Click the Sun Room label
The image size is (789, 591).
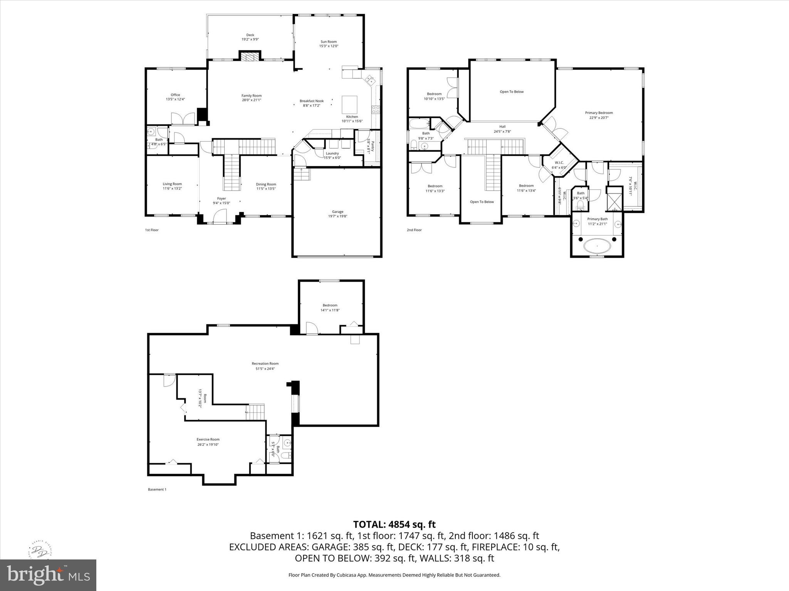329,42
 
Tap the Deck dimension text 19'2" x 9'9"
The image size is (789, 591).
250,39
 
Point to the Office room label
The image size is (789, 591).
175,95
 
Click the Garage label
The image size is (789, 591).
337,212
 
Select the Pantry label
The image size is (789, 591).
372,146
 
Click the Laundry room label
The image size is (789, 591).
332,153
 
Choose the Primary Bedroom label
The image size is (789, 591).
599,113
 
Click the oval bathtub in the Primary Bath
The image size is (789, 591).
597,245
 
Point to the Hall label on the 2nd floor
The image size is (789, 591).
502,127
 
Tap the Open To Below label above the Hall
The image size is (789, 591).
512,92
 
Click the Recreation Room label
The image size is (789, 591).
265,363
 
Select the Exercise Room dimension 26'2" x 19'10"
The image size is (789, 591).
208,444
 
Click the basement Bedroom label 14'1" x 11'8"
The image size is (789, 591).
330,305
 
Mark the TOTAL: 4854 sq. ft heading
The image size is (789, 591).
394,524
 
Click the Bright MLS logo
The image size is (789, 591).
48,575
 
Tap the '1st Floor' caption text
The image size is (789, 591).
152,230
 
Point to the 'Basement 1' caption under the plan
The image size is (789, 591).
157,489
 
